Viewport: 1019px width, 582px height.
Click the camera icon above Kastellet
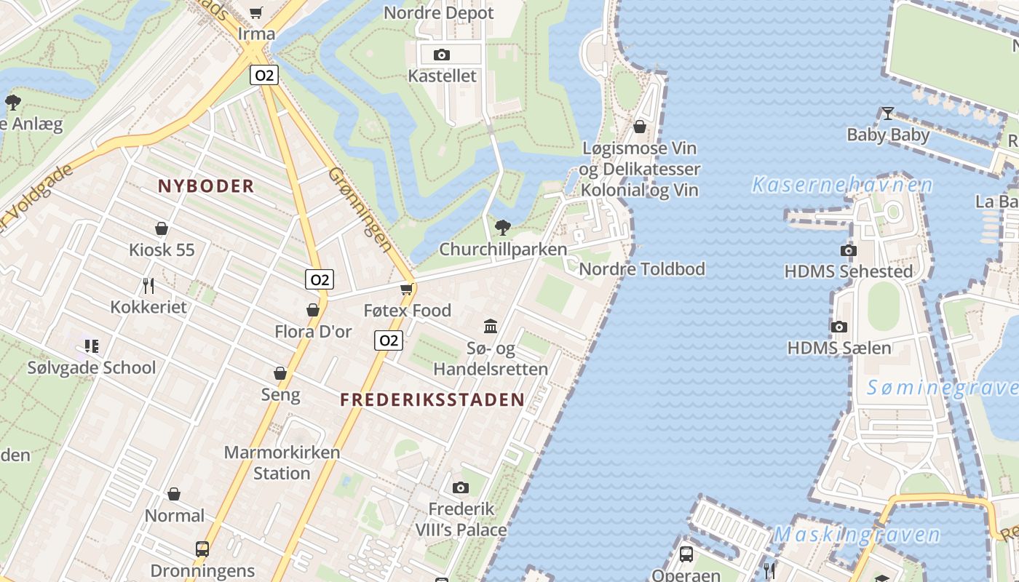pyautogui.click(x=441, y=55)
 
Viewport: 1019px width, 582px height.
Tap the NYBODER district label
pyautogui.click(x=206, y=186)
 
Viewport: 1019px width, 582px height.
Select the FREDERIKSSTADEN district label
pyautogui.click(x=432, y=399)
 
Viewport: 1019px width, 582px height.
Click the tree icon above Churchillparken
pyautogui.click(x=502, y=228)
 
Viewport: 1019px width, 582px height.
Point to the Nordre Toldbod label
pyautogui.click(x=642, y=269)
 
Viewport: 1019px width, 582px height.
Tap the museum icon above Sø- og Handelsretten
pyautogui.click(x=491, y=326)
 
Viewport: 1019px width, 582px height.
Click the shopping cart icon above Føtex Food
pyautogui.click(x=407, y=289)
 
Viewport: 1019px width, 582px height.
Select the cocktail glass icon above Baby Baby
pyautogui.click(x=887, y=113)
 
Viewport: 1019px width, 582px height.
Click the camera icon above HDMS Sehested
pyautogui.click(x=848, y=251)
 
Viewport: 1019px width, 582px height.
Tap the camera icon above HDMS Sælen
pyautogui.click(x=838, y=327)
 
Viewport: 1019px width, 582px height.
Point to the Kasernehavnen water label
pyautogui.click(x=842, y=185)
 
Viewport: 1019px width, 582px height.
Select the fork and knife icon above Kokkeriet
pyautogui.click(x=148, y=285)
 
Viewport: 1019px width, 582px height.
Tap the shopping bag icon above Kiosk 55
pyautogui.click(x=162, y=229)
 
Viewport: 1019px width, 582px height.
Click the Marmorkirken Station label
pyautogui.click(x=282, y=463)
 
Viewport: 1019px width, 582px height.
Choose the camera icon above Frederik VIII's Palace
pyautogui.click(x=460, y=487)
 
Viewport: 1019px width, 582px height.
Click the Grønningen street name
pyautogui.click(x=360, y=210)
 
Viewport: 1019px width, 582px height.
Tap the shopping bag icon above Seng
pyautogui.click(x=280, y=374)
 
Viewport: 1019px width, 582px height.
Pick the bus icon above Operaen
pyautogui.click(x=686, y=554)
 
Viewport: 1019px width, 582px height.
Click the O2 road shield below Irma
pyautogui.click(x=264, y=75)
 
